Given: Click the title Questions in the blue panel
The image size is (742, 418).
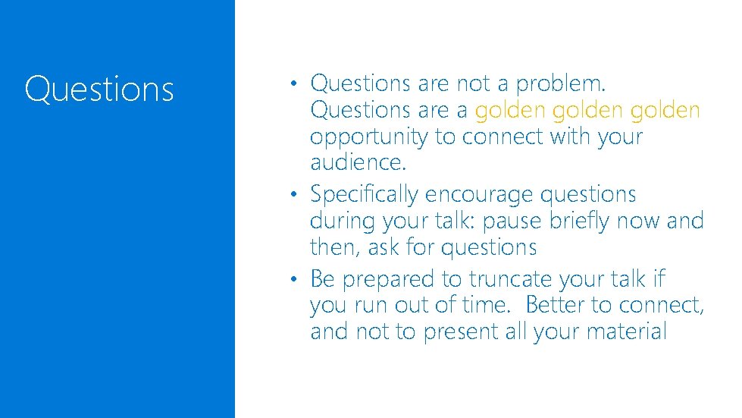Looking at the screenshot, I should [x=99, y=90].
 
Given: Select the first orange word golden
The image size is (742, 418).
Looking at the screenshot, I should [x=510, y=111].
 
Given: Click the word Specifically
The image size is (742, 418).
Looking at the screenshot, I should [x=364, y=195].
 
